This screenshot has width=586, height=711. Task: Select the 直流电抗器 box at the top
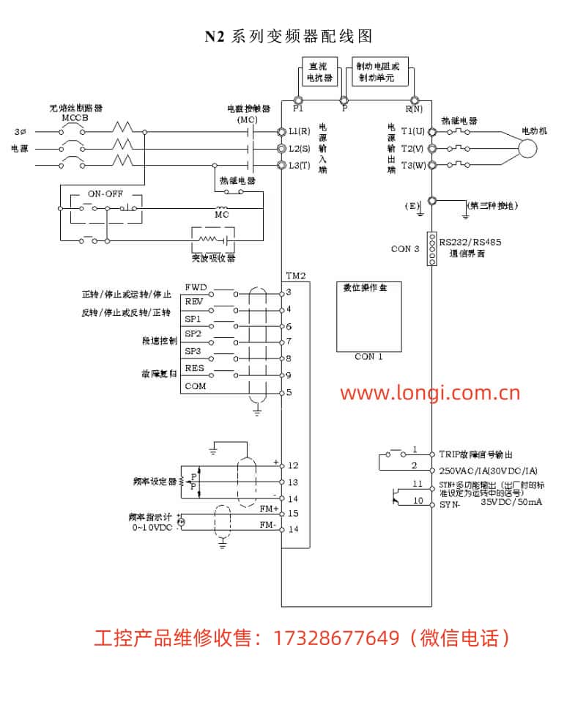319,71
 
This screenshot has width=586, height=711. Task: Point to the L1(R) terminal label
300,131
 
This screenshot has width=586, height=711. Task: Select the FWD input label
196,287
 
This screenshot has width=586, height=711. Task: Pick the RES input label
195,369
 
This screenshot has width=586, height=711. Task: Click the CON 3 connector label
405,249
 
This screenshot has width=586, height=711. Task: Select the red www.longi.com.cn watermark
430,393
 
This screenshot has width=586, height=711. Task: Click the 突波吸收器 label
209,258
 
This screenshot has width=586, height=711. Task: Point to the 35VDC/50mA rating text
511,503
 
